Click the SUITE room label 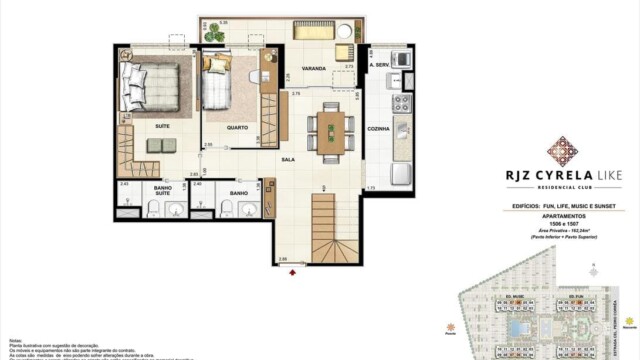coord(161,127)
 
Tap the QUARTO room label coord(237,127)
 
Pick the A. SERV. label coord(378,67)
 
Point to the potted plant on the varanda coord(214,33)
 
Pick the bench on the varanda coord(316,29)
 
